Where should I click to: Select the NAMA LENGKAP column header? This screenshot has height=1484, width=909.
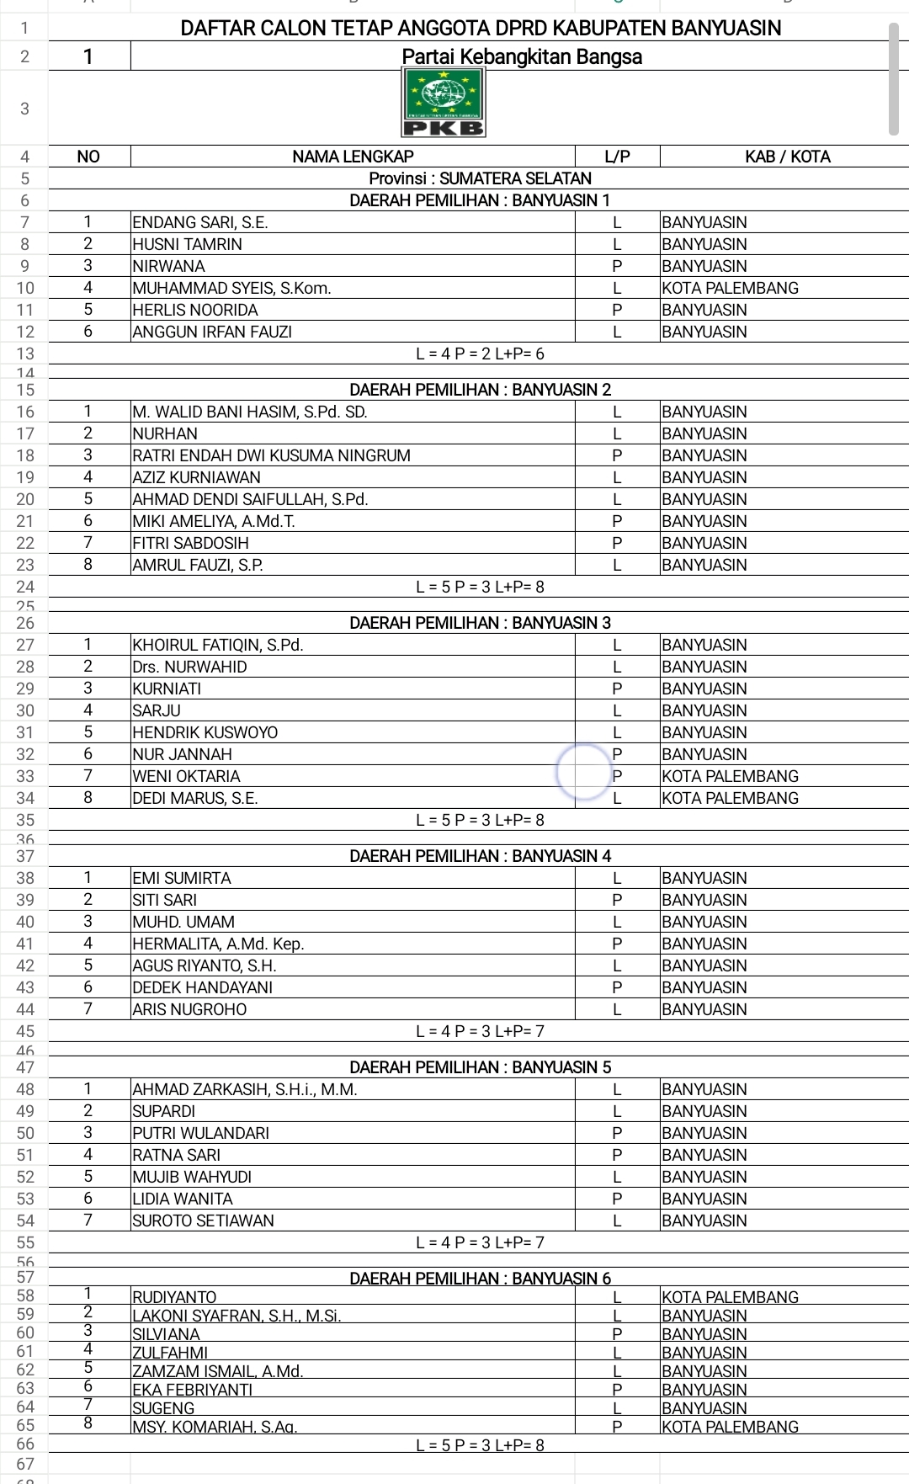(x=353, y=157)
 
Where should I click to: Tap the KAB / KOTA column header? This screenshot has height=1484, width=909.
(x=787, y=157)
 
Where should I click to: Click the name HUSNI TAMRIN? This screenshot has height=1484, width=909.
(x=188, y=244)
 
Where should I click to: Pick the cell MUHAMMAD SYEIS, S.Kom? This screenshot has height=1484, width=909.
(x=231, y=288)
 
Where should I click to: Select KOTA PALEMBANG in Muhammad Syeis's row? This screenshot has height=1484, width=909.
(x=730, y=288)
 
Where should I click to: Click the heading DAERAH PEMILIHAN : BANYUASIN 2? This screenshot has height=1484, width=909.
(x=480, y=390)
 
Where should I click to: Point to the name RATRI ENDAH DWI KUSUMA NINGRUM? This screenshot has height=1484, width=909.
(x=272, y=455)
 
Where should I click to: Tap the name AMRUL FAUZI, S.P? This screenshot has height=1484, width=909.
(x=198, y=565)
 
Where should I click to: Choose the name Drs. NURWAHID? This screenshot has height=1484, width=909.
(x=190, y=667)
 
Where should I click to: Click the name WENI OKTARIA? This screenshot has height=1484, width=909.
(x=187, y=776)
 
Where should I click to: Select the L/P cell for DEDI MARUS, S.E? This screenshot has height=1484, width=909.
(x=617, y=798)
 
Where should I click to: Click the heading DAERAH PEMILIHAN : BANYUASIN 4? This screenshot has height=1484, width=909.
(x=480, y=856)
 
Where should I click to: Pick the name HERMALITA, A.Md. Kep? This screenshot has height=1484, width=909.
(x=219, y=944)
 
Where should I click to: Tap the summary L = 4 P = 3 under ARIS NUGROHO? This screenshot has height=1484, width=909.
(x=480, y=1031)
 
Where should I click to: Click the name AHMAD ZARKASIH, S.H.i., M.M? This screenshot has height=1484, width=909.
(x=245, y=1089)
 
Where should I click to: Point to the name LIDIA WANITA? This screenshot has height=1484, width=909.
(x=183, y=1199)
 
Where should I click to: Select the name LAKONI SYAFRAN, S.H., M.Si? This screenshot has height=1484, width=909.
(x=237, y=1316)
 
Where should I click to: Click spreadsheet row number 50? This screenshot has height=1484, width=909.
(x=25, y=1133)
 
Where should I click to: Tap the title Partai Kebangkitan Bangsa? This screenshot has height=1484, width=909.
(x=522, y=56)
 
